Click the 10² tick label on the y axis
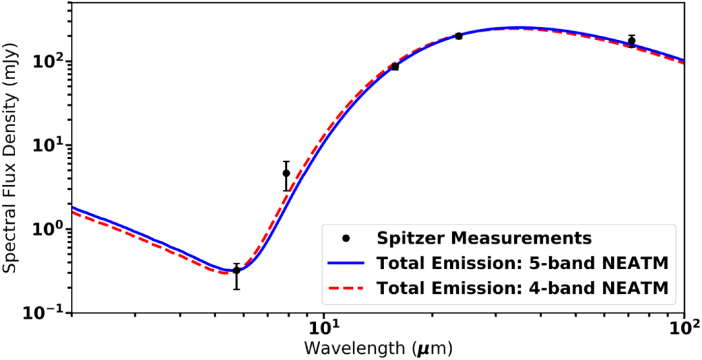pos(51,61)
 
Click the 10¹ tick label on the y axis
pos(51,145)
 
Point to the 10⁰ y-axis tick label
pos(51,229)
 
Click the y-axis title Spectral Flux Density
pos(12,157)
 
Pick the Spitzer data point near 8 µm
pos(286,173)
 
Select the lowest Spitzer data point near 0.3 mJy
pos(237,270)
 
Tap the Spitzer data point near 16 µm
pos(395,66)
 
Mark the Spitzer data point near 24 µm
pos(458,36)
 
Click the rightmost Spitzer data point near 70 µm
pos(631,41)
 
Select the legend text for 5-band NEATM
pos(522,264)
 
